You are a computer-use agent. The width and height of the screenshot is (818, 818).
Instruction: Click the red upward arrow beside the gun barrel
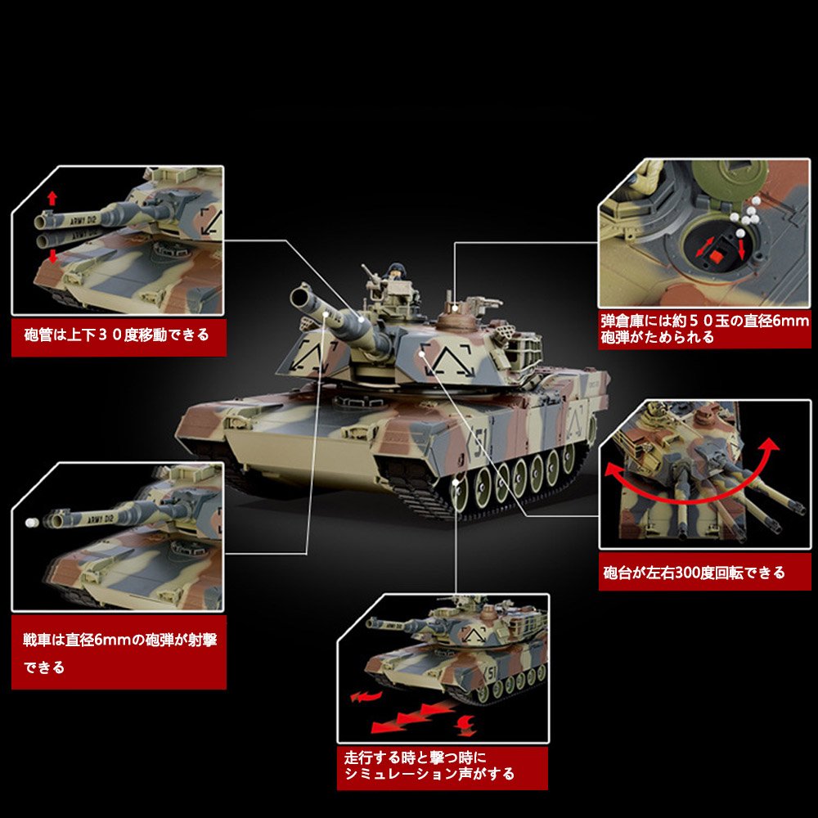tap(52, 198)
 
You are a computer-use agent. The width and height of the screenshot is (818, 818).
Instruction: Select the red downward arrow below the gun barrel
tap(52, 256)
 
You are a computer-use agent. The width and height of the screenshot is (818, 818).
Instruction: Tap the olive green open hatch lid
tap(730, 179)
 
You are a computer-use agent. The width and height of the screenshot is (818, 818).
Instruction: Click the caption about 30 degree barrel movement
tap(116, 335)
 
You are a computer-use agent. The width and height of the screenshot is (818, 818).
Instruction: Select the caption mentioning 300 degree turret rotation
tap(694, 573)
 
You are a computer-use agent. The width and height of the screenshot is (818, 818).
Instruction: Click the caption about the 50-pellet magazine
tap(704, 329)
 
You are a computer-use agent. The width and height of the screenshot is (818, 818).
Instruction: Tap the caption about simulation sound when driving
tap(429, 766)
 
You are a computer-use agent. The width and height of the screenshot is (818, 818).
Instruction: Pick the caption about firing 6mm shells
tap(119, 653)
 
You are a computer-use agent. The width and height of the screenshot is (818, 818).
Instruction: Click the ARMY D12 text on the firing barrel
tap(100, 519)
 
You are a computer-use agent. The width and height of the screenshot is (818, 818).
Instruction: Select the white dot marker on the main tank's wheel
tap(456, 483)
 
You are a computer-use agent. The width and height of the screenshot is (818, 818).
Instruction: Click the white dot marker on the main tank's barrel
tap(326, 314)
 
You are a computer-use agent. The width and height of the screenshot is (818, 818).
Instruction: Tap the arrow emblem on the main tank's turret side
tap(448, 361)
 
